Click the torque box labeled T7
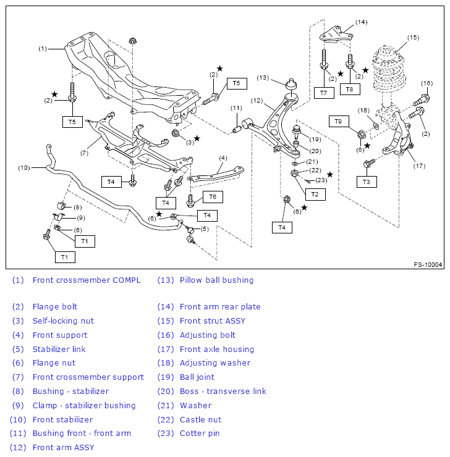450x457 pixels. pos(324,93)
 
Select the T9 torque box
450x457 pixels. pos(338,121)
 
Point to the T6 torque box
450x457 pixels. pos(212,196)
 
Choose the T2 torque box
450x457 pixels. pos(315,194)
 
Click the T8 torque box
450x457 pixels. pos(350,89)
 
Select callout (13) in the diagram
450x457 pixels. pos(263,78)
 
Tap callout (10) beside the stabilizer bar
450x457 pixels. pos(23,167)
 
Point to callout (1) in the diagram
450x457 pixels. pos(43,48)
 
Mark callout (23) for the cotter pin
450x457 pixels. pos(321,180)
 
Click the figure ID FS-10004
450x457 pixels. pos(428,265)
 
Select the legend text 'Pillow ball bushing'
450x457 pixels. pos(216,280)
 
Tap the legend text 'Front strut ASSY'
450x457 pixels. pos(212,321)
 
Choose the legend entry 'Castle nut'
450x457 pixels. pos(200,419)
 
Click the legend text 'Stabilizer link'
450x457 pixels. pos(59,349)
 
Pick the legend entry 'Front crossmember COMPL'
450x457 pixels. pos(87,280)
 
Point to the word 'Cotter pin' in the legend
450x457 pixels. pos(200,433)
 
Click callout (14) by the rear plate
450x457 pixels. pos(361,22)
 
